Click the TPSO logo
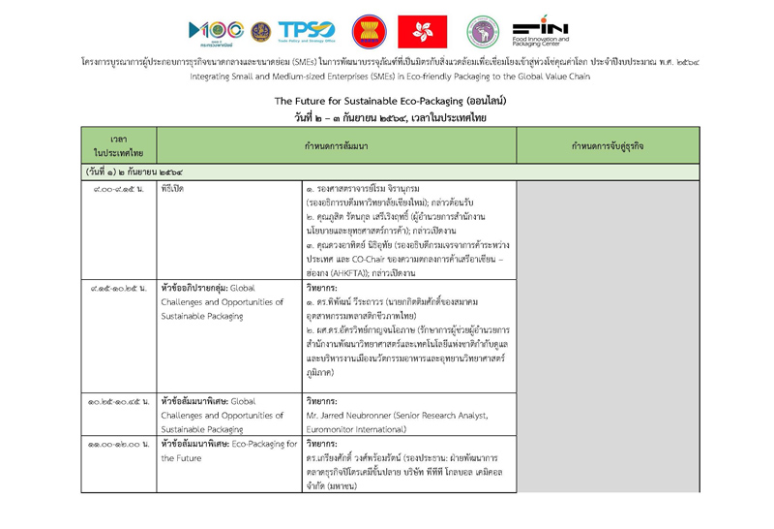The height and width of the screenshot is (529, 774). point(307,31)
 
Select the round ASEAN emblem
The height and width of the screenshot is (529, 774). point(367,31)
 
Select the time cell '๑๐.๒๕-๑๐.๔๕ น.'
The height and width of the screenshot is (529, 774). point(118,400)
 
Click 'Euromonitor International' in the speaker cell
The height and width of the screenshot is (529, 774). point(353,427)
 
